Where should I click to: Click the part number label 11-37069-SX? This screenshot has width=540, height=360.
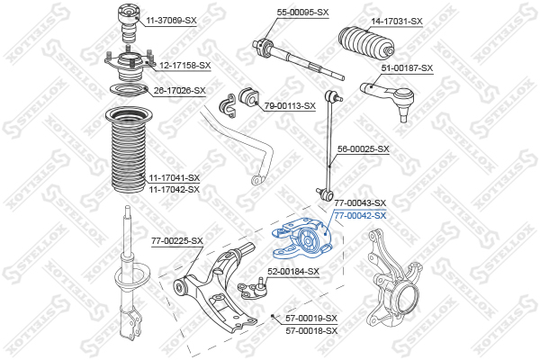[171, 21]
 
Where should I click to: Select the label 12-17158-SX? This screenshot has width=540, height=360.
[184, 65]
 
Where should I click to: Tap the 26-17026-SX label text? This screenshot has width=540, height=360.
[179, 91]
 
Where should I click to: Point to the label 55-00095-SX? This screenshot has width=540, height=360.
[302, 13]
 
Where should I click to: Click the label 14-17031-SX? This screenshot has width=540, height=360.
[397, 22]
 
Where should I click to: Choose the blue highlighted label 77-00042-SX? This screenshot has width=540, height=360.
[361, 216]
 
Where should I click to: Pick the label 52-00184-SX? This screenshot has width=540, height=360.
[293, 272]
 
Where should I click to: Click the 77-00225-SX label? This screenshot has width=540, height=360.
[177, 241]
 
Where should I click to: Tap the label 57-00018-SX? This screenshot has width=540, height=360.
[311, 331]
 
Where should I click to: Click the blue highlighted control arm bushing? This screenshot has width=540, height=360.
[301, 238]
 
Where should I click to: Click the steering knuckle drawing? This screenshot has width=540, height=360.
[393, 279]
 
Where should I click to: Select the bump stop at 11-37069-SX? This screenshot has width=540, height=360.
[128, 22]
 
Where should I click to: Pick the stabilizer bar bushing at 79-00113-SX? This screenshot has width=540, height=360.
[248, 97]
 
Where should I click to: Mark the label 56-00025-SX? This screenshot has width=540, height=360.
[364, 149]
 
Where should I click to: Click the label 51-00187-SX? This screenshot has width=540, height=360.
[407, 68]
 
